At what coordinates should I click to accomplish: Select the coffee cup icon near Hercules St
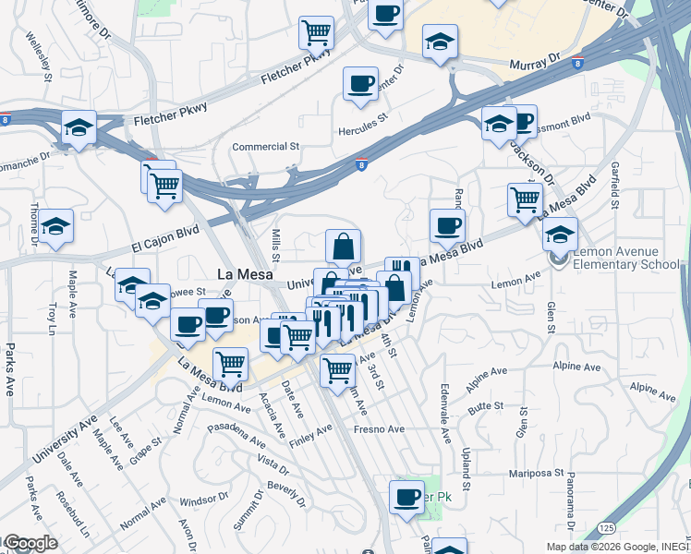(x=360, y=84)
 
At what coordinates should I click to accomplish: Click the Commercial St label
(x=266, y=147)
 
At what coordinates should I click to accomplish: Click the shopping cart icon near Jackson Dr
(x=525, y=199)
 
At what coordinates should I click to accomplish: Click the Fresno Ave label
(x=382, y=429)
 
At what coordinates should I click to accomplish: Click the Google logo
(x=30, y=543)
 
